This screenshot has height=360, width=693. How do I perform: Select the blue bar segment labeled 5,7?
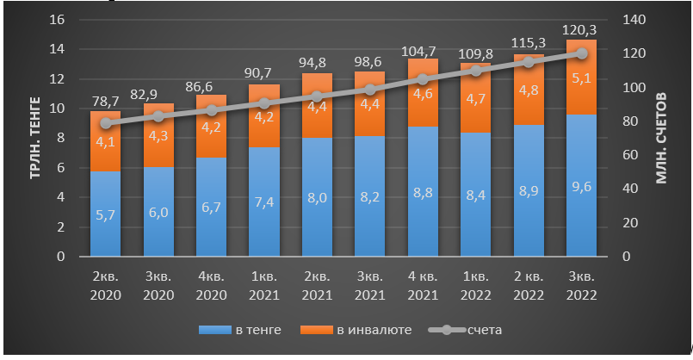coord(107,215)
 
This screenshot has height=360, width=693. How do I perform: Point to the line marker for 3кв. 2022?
coord(581,53)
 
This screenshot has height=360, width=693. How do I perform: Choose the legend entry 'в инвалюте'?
coord(350,330)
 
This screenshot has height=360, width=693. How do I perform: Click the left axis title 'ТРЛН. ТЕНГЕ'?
coord(36,138)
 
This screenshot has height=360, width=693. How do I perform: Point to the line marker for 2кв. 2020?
coord(107,123)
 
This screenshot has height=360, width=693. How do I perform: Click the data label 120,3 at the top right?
coord(581,30)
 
